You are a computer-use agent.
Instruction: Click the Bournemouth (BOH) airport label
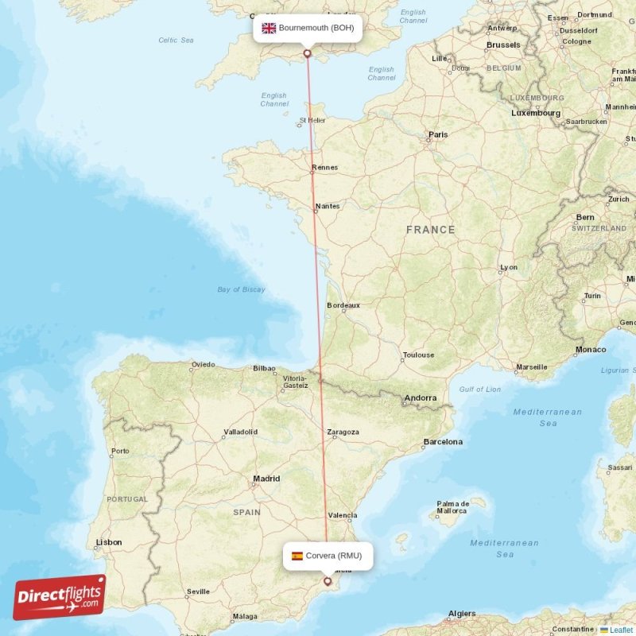316,28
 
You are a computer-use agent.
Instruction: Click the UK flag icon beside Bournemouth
269,28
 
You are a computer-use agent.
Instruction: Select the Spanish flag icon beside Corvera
297,556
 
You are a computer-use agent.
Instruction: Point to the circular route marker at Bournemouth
308,53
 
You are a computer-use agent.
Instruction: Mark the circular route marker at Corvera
327,581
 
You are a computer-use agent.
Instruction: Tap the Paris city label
438,135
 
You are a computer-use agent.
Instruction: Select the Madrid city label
266,479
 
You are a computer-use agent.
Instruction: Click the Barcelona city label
443,441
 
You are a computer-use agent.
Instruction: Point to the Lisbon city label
109,542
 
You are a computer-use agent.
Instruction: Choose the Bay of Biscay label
241,289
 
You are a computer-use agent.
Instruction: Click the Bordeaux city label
343,305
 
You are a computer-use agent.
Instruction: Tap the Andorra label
420,397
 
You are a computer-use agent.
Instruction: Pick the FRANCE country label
430,230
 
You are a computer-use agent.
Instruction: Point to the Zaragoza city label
343,432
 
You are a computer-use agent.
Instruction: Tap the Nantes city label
328,207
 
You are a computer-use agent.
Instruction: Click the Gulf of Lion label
480,389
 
